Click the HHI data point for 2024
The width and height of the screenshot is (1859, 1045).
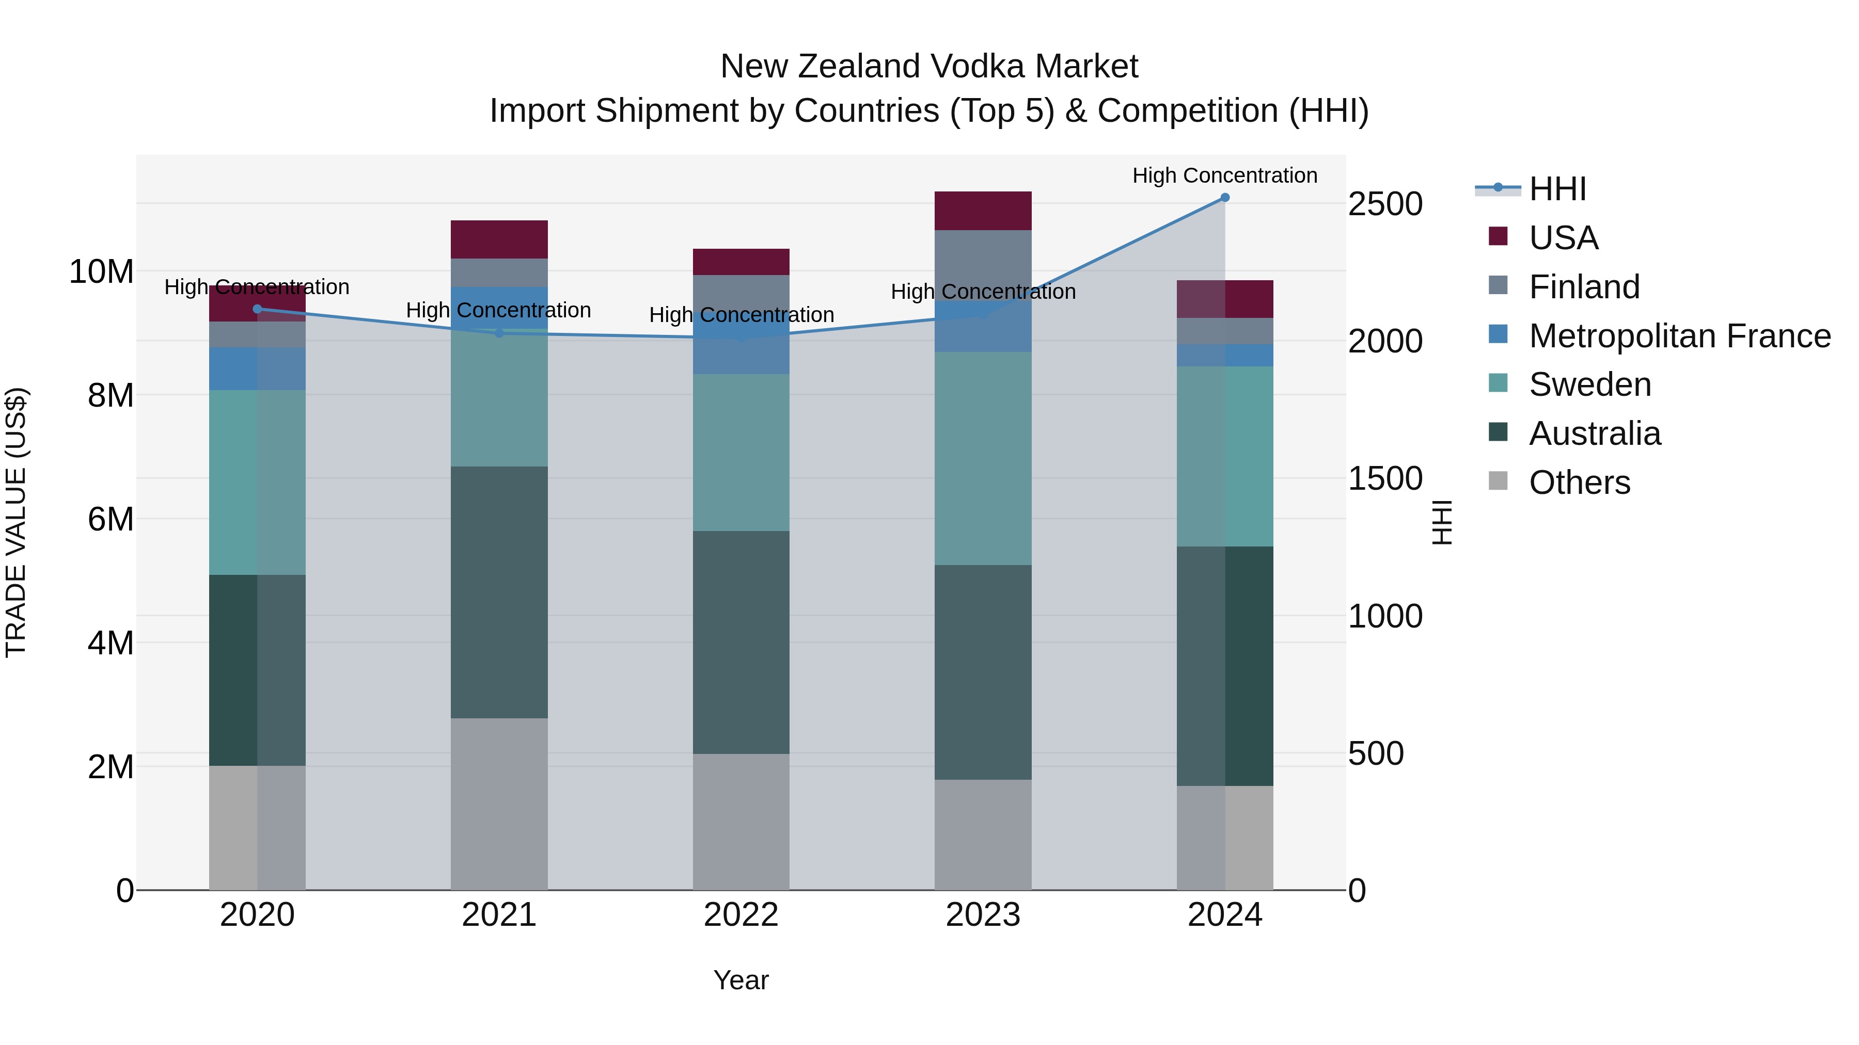click(1225, 198)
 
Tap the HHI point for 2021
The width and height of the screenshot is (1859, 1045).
click(499, 333)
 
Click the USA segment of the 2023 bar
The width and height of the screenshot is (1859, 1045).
click(983, 211)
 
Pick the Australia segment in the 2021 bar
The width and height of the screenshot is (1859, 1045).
click(499, 591)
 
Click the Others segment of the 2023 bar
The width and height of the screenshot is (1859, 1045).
click(983, 834)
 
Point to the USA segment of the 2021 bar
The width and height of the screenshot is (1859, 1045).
click(499, 239)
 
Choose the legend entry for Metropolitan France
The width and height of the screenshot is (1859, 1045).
click(1679, 336)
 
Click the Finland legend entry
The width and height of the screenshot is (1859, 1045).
click(1584, 287)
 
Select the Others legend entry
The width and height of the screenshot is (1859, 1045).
click(1579, 483)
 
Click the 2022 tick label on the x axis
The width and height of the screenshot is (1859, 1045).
click(741, 915)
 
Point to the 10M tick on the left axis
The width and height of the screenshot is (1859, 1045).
click(101, 272)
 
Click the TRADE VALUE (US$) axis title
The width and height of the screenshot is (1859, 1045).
click(16, 522)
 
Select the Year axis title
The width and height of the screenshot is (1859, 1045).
click(741, 980)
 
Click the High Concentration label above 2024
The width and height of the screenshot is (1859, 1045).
click(1225, 175)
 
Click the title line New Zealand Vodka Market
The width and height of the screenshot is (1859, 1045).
click(929, 67)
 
